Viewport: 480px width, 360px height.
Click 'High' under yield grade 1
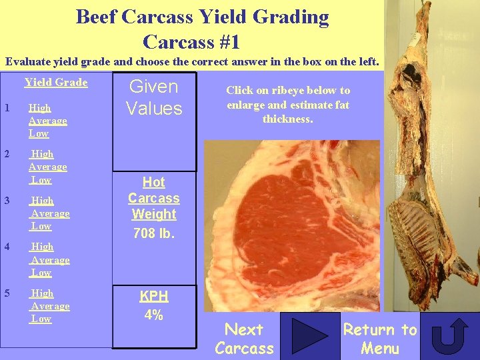[x=40, y=108]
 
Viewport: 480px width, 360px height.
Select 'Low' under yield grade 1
[x=39, y=133]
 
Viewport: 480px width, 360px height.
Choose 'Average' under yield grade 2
[x=48, y=167]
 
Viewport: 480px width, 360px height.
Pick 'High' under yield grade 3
[x=43, y=201]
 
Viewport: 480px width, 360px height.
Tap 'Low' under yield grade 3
[x=41, y=226]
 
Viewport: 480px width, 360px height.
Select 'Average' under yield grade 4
[x=50, y=260]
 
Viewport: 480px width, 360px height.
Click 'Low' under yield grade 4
[x=41, y=273]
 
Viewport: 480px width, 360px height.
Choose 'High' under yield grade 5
[x=43, y=293]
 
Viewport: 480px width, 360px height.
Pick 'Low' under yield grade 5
[x=41, y=319]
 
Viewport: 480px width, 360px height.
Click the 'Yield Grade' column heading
[x=56, y=83]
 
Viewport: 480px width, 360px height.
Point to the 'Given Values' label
[x=153, y=97]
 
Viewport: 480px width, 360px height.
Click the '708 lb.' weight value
[x=154, y=233]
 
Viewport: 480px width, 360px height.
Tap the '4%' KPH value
[x=154, y=315]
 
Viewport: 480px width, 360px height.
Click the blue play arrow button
[x=309, y=336]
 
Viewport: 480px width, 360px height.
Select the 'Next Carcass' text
[x=244, y=339]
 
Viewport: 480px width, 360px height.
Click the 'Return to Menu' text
[x=380, y=339]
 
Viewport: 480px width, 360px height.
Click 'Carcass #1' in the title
[x=191, y=42]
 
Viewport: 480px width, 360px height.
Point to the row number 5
[x=7, y=293]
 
